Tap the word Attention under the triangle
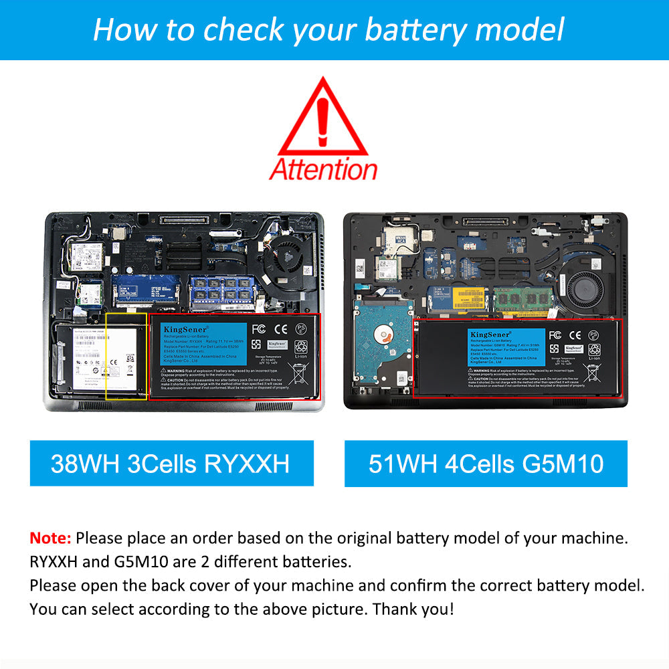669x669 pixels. coord(323,169)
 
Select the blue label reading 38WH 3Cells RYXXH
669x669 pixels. coord(171,463)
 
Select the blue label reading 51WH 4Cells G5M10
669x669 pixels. coord(486,463)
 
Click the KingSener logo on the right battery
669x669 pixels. coord(489,333)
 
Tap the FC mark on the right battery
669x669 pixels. coord(555,334)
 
